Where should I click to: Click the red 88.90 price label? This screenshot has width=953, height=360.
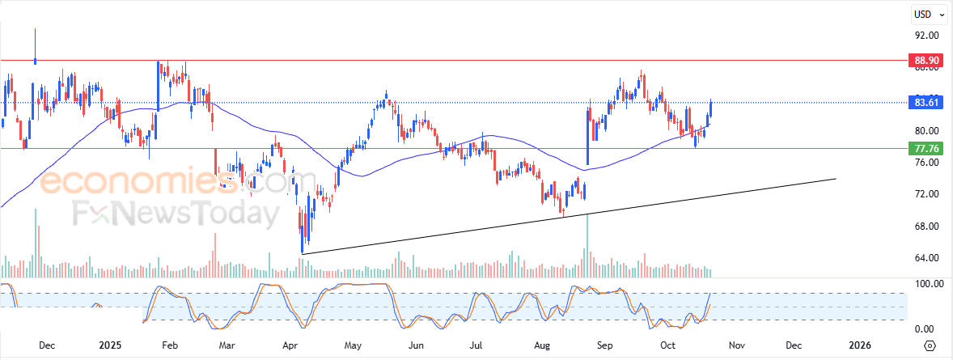pos(925,61)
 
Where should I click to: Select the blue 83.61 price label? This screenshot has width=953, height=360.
pos(925,103)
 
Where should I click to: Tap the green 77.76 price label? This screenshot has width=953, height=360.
pos(925,149)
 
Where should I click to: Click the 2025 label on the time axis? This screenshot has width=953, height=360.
pos(110,345)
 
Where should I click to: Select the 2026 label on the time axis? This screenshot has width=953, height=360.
pos(860,345)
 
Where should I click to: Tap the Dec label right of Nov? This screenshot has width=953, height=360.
pos(794,345)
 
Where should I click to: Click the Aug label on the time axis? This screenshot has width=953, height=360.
pos(543,345)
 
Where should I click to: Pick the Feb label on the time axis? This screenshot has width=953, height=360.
pos(170,345)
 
